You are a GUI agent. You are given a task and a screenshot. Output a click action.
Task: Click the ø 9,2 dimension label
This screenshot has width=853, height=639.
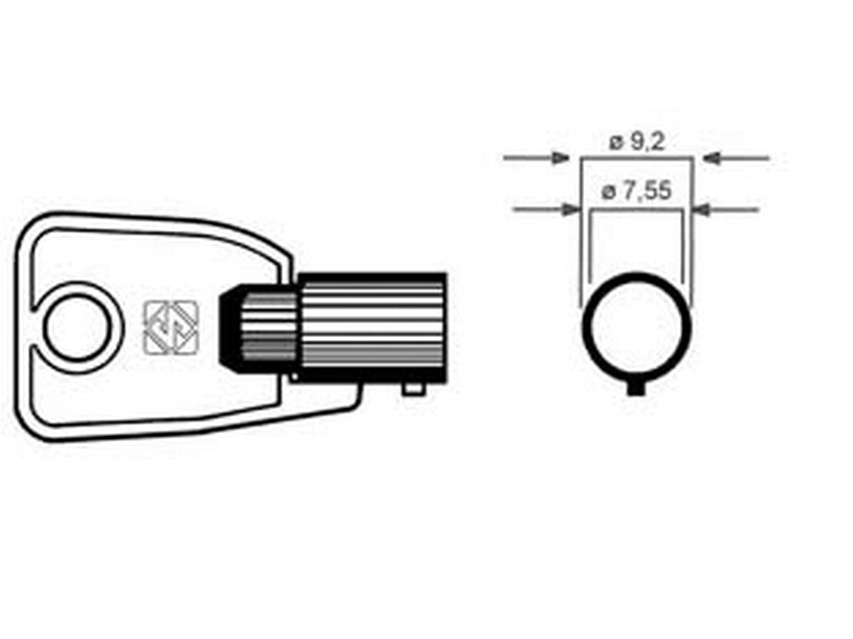coord(637,142)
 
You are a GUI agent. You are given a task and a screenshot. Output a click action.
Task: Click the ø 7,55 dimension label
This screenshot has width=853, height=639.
coord(636,191)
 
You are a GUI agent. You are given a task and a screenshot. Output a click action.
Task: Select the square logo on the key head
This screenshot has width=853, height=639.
coord(171,327)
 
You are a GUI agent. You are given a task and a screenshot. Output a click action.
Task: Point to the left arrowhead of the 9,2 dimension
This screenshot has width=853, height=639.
coord(560,158)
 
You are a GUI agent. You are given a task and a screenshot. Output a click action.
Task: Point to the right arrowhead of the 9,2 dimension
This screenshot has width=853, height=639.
coord(711,158)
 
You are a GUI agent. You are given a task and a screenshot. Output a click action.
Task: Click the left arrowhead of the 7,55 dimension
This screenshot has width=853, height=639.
coord(572,210)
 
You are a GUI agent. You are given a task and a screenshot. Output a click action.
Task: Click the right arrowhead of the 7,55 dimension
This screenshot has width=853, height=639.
coord(704,210)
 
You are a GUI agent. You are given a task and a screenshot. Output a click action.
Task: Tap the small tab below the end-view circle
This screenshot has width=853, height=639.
coord(635,389)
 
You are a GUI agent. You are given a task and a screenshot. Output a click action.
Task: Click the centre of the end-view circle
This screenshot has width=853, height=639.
coord(636,327)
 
